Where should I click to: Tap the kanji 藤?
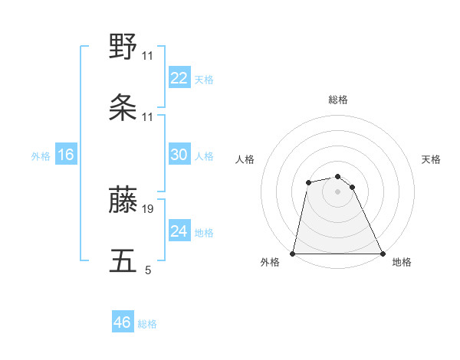click(123, 200)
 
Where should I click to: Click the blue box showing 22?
click(179, 78)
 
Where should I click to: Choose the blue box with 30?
click(179, 155)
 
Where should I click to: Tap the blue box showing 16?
click(66, 155)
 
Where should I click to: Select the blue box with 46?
click(123, 322)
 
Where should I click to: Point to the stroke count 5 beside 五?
click(148, 270)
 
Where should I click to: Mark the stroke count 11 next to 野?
click(148, 56)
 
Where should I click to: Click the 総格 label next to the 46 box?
click(147, 324)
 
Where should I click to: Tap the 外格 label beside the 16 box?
click(41, 156)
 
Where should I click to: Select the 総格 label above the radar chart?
click(338, 100)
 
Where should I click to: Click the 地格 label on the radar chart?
click(402, 262)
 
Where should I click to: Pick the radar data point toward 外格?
click(293, 253)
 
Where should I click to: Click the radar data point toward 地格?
click(382, 253)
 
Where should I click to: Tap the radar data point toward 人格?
click(308, 182)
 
